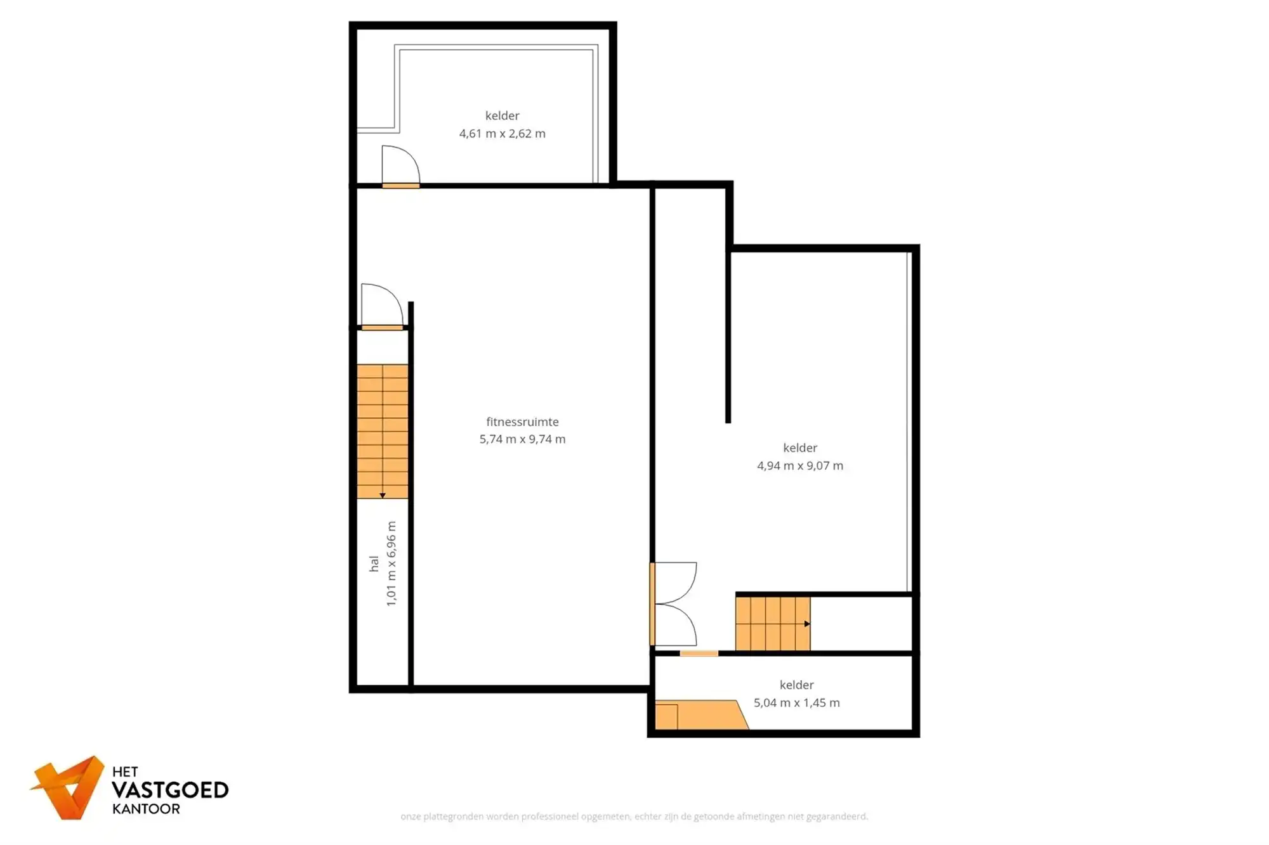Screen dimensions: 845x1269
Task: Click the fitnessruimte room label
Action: point(522,422)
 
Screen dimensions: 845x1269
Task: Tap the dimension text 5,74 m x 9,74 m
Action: point(522,439)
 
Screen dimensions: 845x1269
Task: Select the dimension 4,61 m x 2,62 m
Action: point(502,134)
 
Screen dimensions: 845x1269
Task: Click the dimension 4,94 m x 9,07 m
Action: point(799,466)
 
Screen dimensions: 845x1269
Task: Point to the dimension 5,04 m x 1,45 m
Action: point(796,703)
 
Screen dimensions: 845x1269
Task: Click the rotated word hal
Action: point(374,564)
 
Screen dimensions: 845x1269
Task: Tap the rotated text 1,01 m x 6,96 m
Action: point(391,564)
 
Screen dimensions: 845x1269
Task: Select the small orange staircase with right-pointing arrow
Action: point(772,624)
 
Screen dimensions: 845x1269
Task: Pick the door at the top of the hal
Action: point(381,307)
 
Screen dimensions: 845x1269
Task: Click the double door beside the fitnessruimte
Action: point(674,604)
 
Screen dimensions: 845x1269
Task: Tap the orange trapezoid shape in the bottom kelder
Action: point(701,715)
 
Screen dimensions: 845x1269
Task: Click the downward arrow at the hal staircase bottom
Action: point(382,496)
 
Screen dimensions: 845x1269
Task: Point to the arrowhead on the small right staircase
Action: point(806,624)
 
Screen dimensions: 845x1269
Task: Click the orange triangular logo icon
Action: point(69,788)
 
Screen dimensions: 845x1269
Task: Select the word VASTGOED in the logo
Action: point(169,790)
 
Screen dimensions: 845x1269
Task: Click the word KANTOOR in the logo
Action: point(146,810)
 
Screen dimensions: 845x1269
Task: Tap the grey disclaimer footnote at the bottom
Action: point(634,816)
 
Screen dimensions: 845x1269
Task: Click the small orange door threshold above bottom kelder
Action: point(699,654)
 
